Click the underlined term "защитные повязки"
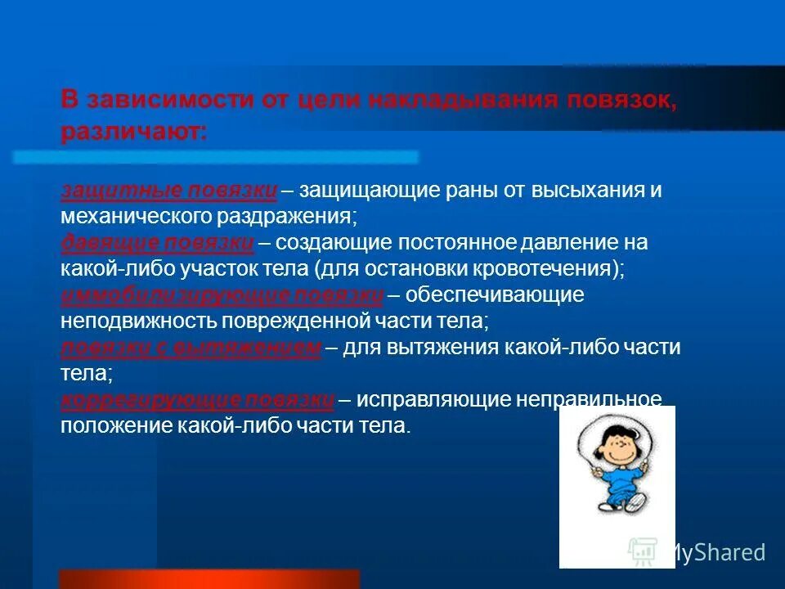tap(169, 190)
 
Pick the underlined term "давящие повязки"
tap(158, 242)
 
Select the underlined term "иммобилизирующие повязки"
tap(222, 294)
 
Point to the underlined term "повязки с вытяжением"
tap(191, 347)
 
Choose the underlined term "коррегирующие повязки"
tap(197, 399)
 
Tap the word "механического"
tap(135, 217)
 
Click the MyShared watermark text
tap(715, 552)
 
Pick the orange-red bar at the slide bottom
tap(209, 579)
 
